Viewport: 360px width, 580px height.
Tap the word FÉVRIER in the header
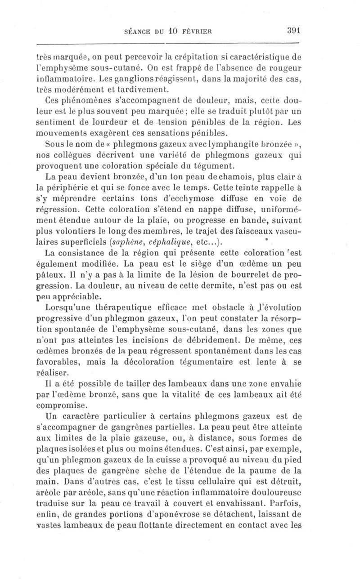(x=195, y=31)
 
